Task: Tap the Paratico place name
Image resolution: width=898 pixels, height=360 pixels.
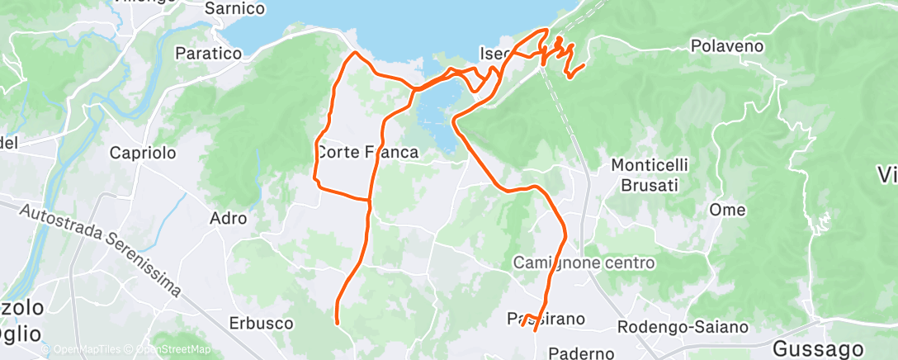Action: click(x=208, y=53)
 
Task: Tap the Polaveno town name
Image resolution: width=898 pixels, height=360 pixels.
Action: click(x=725, y=46)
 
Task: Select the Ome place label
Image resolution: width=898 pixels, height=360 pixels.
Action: click(x=728, y=210)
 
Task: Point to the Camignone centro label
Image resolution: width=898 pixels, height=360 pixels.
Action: click(x=584, y=263)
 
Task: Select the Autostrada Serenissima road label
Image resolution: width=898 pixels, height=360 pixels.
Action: click(x=102, y=248)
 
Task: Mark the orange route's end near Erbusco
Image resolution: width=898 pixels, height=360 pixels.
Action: click(x=337, y=322)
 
